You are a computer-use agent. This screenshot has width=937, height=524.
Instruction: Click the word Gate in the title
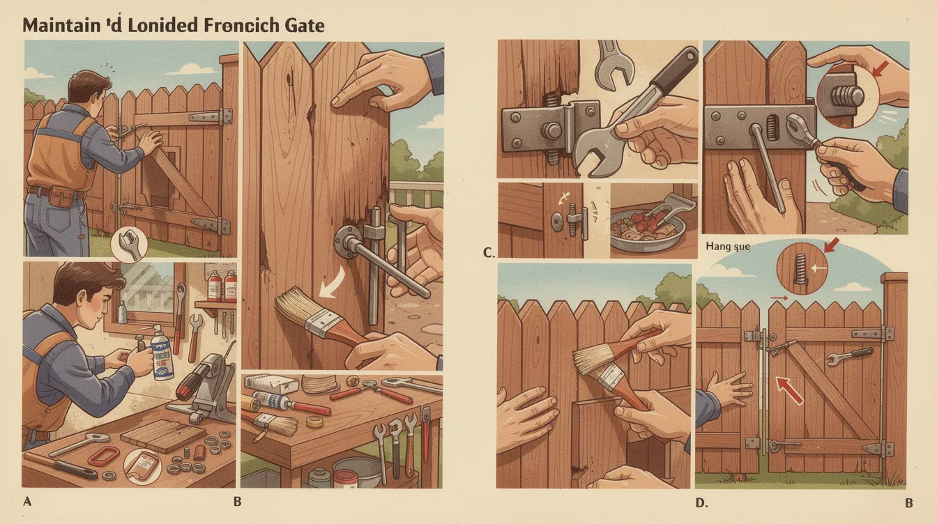pyautogui.click(x=301, y=26)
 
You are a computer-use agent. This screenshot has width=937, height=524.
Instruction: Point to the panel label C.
pyautogui.click(x=489, y=253)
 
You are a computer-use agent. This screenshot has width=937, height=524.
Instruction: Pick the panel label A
pyautogui.click(x=27, y=500)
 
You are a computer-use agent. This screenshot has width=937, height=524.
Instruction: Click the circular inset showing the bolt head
pyautogui.click(x=846, y=95)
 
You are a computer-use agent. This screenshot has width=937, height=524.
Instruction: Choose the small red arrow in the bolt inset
pyautogui.click(x=880, y=68)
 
